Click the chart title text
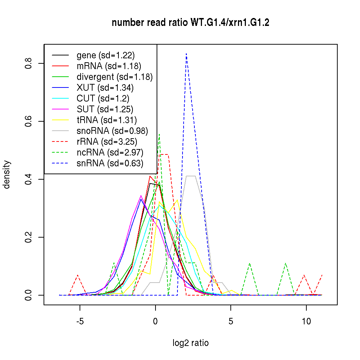coord(190,23)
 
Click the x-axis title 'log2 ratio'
coord(190,343)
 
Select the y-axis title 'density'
coord(7,174)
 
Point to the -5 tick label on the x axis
coord(80,321)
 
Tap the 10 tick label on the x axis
coord(306,321)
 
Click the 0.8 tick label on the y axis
coord(29,63)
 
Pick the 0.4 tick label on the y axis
coord(29,179)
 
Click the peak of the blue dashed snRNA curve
coord(186,54)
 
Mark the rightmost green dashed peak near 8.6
coord(285,263)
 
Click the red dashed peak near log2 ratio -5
coord(77,275)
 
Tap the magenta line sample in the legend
coord(60,109)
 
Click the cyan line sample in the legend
coord(60,98)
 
